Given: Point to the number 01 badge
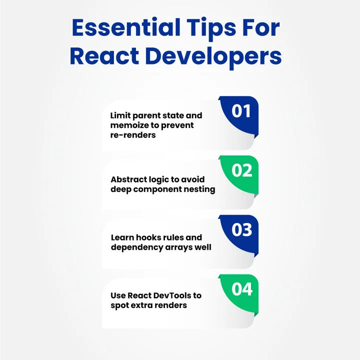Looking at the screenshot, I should tap(241, 110).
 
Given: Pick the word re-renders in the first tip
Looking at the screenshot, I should tap(133, 135).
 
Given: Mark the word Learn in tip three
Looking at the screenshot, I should tap(122, 238).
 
